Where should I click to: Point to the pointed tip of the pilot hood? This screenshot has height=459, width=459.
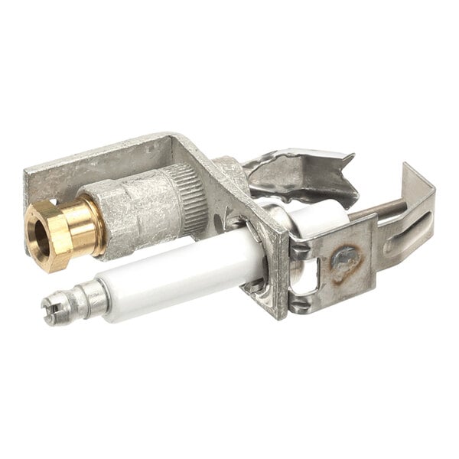point(352,158)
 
